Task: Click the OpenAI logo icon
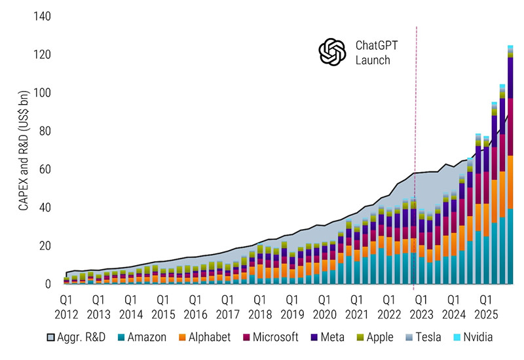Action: pyautogui.click(x=331, y=52)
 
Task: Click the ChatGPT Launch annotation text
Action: pyautogui.click(x=376, y=53)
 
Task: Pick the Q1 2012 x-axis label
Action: pyautogui.click(x=66, y=306)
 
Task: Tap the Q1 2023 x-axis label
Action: pyautogui.click(x=421, y=306)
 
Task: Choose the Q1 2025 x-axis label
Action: pyautogui.click(x=485, y=306)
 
